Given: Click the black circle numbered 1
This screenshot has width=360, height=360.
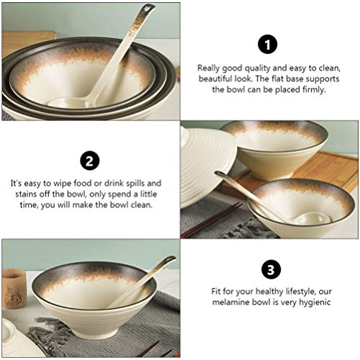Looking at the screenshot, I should click(269, 45).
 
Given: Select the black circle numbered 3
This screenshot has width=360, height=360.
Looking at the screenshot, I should click(269, 270).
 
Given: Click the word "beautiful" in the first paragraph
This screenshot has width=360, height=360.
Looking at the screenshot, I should click(216, 78).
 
